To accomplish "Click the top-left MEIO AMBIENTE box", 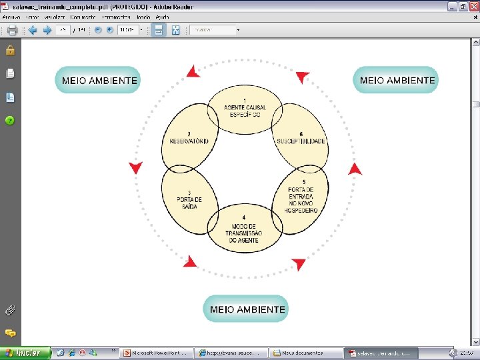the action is [98, 81].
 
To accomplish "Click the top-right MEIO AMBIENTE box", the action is [397, 80].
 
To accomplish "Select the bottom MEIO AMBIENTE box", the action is [246, 309].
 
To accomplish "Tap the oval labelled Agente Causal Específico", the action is [245, 110].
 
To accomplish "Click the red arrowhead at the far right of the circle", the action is [355, 169].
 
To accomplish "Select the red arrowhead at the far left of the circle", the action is [135, 167].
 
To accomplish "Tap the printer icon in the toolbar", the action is [12, 30].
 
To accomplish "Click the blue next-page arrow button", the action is [47, 30].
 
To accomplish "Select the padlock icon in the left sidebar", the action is [10, 50].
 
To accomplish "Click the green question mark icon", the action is [10, 121].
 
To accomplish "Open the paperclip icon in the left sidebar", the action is [10, 309].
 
